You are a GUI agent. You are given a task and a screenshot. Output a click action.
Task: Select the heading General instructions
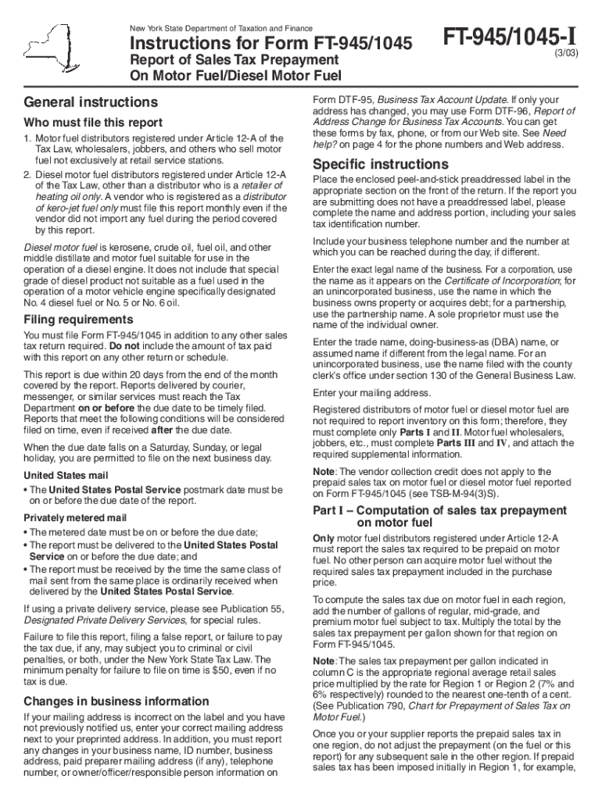(91, 102)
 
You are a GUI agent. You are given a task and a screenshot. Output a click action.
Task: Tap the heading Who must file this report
(93, 123)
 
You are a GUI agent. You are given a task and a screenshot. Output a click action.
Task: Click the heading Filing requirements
(78, 320)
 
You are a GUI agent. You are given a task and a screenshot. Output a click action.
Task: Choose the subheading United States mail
(66, 476)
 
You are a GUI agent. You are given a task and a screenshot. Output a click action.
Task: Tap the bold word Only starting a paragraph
(323, 538)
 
